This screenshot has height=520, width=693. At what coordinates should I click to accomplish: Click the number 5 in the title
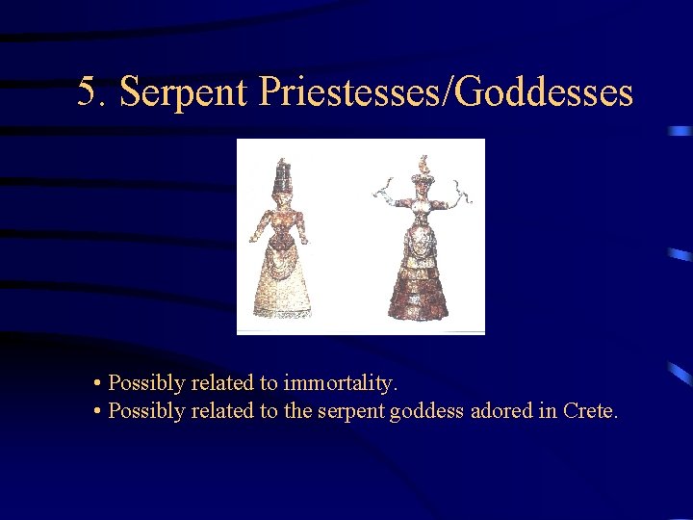(89, 92)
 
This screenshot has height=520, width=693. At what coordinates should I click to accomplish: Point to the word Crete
(590, 411)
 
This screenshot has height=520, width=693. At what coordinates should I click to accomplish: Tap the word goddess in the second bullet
(427, 411)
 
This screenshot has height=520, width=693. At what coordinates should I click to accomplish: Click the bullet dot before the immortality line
(99, 384)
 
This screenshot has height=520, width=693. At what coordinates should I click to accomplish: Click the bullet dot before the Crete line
(99, 412)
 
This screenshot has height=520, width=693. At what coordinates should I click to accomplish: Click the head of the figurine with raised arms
(422, 183)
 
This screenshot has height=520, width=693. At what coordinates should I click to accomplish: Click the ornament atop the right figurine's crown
(422, 161)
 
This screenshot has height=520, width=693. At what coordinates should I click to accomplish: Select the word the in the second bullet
(299, 411)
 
